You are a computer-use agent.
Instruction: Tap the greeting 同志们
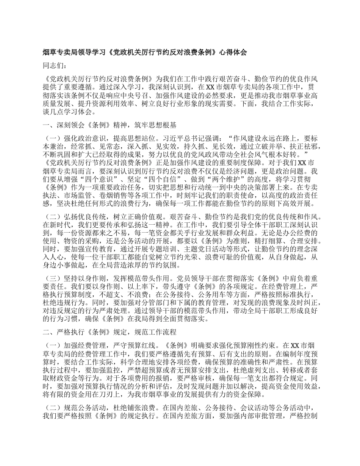[54, 66]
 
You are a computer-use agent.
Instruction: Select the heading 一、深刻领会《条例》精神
[86, 124]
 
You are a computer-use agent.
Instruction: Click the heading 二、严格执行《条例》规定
[86, 332]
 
